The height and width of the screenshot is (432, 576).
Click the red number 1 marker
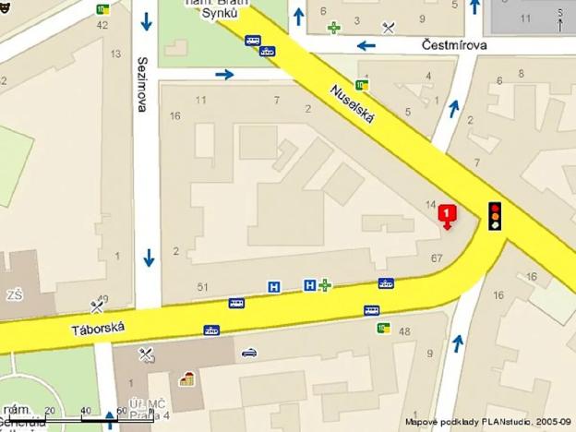448,215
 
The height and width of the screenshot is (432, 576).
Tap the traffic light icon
496,214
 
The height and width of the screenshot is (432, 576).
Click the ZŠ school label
15,294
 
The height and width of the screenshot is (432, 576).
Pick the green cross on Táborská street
325,285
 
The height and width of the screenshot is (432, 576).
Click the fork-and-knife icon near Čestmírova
389,28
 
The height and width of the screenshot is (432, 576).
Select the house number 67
437,258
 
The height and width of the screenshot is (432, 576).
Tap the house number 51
202,287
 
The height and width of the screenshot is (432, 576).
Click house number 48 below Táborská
403,330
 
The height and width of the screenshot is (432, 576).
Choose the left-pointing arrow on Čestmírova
366,44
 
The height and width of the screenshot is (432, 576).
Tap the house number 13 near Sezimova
115,54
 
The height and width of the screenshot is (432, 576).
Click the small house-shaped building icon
187,378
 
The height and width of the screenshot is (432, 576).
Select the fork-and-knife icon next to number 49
97,306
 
